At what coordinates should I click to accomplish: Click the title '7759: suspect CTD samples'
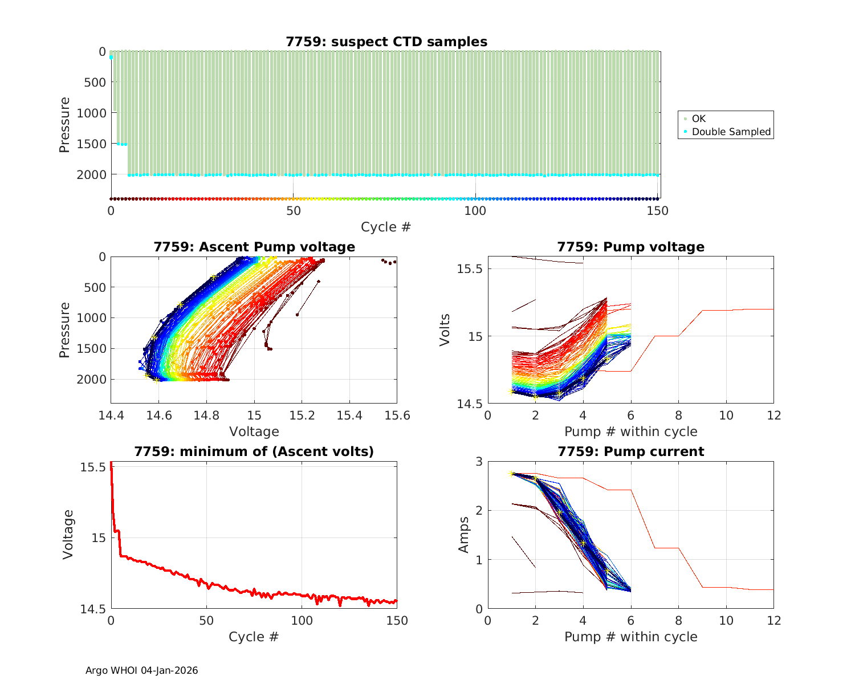386,42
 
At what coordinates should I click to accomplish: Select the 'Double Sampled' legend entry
731,132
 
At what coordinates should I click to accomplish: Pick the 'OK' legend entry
698,119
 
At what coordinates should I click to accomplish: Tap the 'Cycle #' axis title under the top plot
386,227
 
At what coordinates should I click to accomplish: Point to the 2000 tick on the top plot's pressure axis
91,174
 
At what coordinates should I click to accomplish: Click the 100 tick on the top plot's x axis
475,211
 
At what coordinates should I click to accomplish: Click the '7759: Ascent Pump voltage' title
254,247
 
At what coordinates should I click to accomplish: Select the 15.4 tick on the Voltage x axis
349,415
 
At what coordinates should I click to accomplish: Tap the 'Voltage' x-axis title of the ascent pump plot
254,431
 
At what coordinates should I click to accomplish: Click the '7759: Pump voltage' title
630,247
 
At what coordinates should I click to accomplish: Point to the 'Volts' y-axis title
445,330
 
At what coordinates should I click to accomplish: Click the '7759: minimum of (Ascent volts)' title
254,451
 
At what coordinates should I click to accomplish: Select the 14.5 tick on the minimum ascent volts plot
92,609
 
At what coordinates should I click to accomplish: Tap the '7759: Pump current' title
630,451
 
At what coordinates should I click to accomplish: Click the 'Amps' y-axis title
464,535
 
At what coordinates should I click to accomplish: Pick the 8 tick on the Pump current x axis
678,620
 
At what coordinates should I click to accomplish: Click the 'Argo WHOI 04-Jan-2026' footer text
142,670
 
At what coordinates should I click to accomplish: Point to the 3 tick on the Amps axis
478,461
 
